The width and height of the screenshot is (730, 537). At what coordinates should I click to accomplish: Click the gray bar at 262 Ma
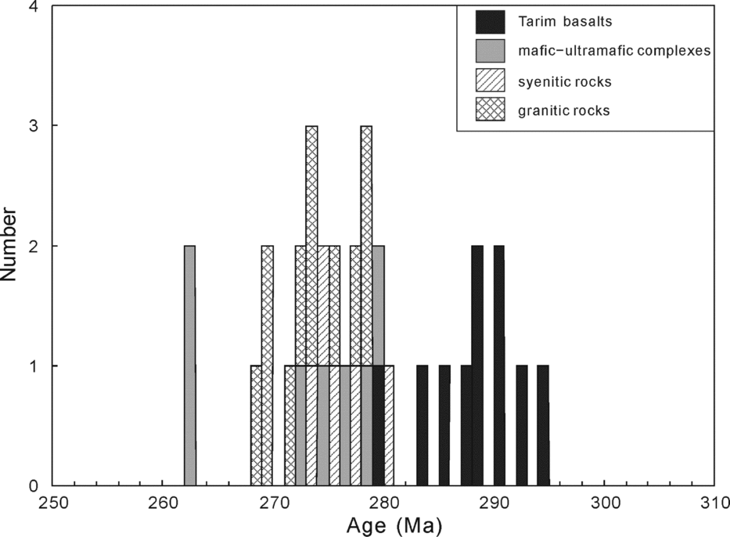[x=189, y=366]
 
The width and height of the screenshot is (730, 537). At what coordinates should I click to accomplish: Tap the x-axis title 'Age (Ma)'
[x=383, y=524]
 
